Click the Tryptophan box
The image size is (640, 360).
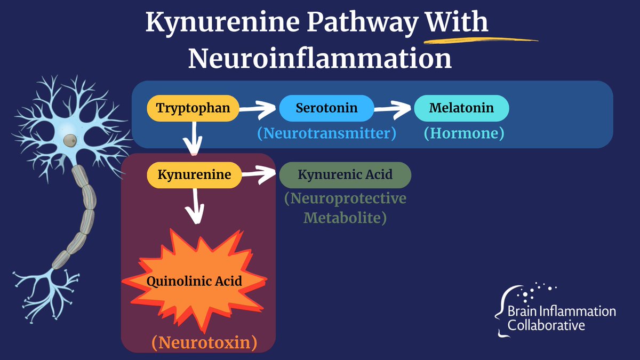[193, 108]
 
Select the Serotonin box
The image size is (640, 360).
[326, 108]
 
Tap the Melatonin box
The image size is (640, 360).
[461, 108]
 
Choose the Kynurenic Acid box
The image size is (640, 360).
[345, 174]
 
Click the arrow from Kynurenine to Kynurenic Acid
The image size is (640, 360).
[259, 174]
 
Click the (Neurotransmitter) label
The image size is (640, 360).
[327, 133]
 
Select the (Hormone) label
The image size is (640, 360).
[463, 133]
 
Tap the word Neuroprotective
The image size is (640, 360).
[345, 199]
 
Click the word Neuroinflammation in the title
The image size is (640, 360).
[319, 59]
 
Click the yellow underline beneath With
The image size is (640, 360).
[480, 38]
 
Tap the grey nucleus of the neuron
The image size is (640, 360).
[69, 140]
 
